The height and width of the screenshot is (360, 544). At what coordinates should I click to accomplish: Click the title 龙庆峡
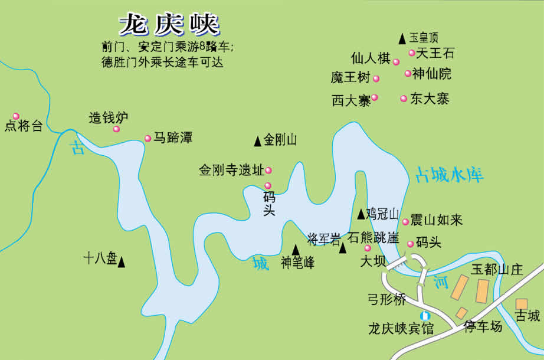pyautogui.click(x=169, y=25)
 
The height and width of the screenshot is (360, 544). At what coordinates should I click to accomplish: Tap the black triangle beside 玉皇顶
pyautogui.click(x=402, y=38)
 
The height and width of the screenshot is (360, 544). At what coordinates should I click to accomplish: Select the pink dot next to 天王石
pyautogui.click(x=412, y=53)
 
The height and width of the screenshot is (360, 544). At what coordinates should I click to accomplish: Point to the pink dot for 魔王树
pyautogui.click(x=376, y=78)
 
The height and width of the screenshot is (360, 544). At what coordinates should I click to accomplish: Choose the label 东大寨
pyautogui.click(x=430, y=99)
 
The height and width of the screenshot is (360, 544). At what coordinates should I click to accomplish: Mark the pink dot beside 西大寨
pyautogui.click(x=374, y=97)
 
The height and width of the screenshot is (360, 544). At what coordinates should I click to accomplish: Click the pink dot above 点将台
pyautogui.click(x=16, y=116)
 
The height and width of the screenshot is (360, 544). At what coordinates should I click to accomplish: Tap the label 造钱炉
pyautogui.click(x=109, y=117)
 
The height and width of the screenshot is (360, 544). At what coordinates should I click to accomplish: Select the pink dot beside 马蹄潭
pyautogui.click(x=148, y=139)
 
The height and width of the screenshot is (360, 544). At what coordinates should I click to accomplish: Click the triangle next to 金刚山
pyautogui.click(x=257, y=141)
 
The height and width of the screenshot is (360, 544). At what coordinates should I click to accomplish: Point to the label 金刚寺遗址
pyautogui.click(x=231, y=171)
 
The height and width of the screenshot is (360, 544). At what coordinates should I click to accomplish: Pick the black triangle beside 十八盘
pyautogui.click(x=122, y=261)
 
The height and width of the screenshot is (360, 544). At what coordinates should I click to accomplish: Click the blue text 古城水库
pyautogui.click(x=450, y=174)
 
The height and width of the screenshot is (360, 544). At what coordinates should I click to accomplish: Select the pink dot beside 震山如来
pyautogui.click(x=405, y=222)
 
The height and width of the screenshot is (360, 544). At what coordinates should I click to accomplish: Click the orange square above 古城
pyautogui.click(x=521, y=304)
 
